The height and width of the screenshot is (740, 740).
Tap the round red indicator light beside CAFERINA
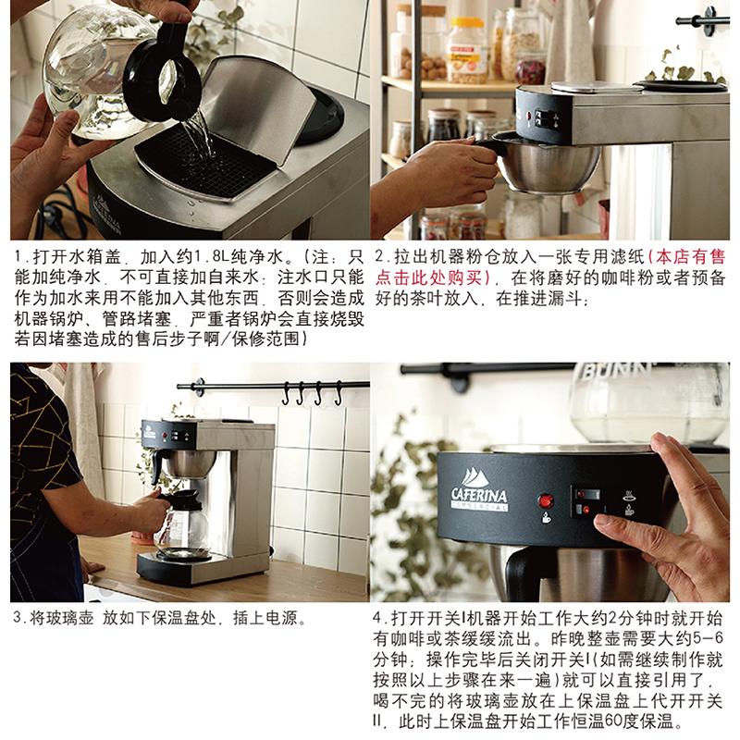point(546,499)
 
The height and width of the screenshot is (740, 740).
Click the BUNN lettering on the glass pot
point(615,371)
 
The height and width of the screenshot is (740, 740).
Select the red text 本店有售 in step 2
point(690,257)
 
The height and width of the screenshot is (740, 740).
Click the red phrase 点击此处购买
point(429,277)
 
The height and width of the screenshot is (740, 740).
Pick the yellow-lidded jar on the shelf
point(466,51)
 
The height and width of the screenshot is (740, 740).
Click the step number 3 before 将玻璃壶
point(18,618)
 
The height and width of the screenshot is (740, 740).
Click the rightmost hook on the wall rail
point(338,393)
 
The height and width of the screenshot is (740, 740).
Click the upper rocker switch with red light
point(587,495)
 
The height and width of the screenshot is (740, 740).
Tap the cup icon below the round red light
point(546,517)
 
